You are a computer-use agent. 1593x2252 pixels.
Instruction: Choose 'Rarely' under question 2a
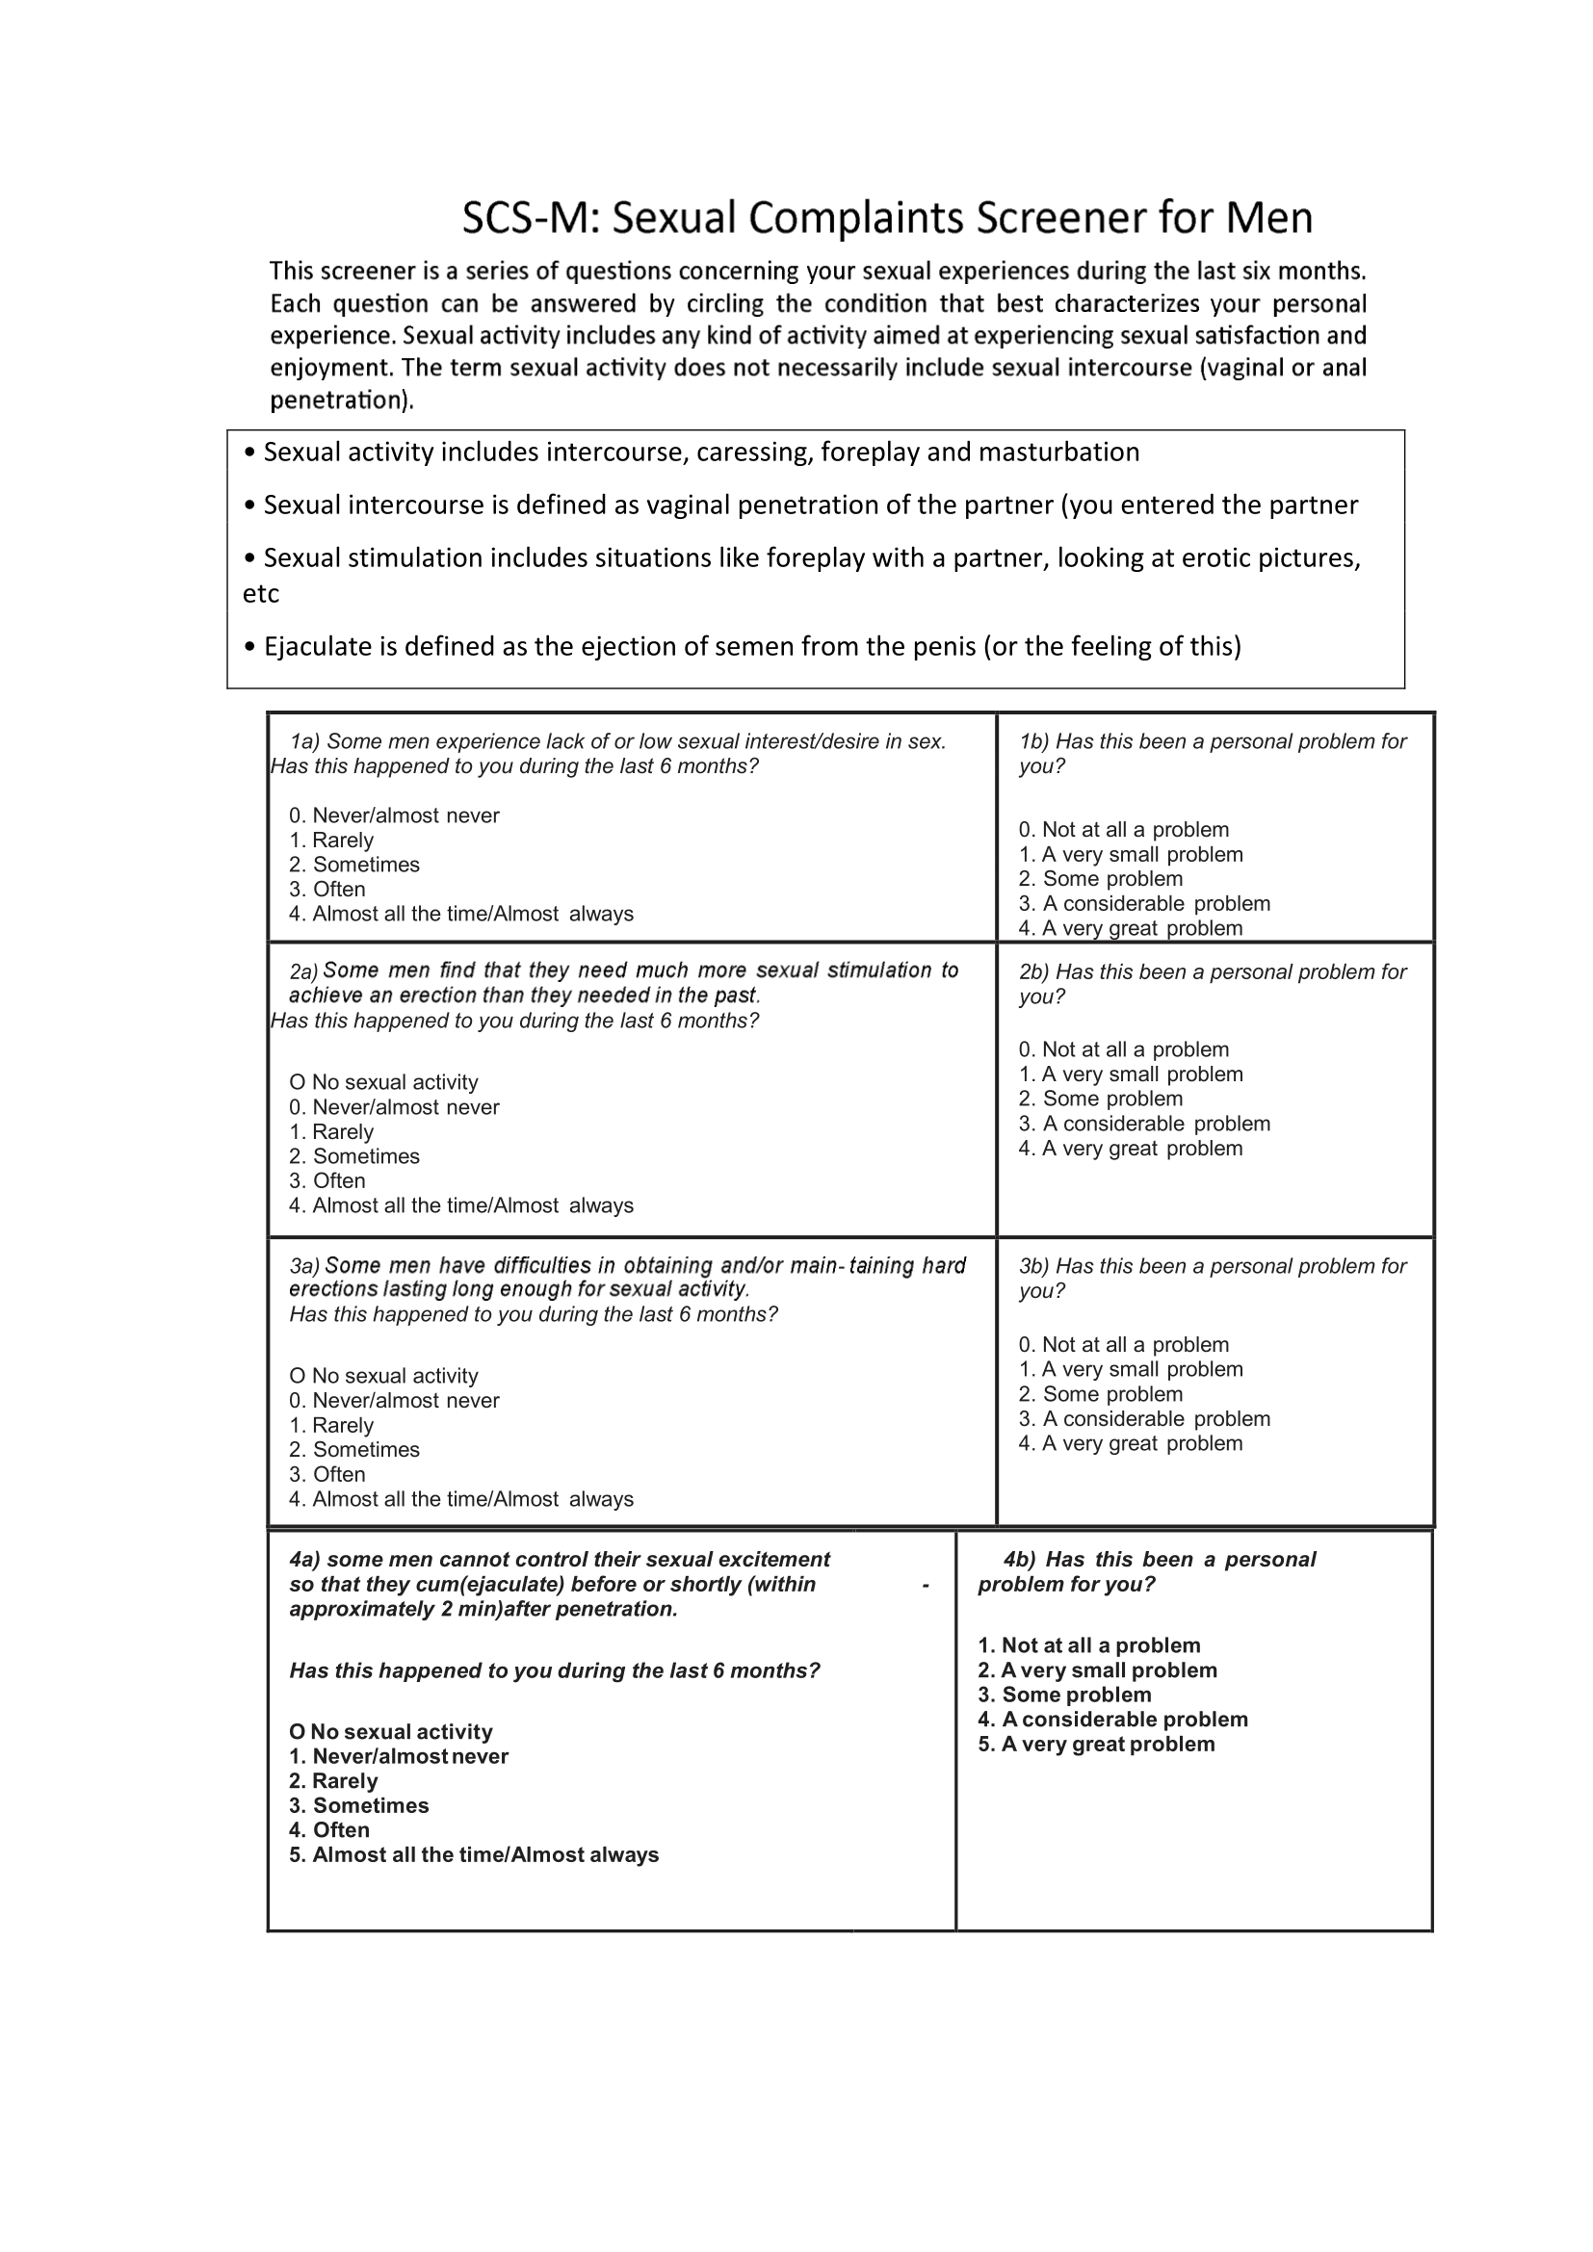331,1131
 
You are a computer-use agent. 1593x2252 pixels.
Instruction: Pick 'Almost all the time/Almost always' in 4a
474,1853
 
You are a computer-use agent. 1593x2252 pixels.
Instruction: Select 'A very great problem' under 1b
1130,928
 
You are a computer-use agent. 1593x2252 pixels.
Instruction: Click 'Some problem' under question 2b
1101,1099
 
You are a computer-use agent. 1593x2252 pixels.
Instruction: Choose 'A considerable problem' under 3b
1144,1418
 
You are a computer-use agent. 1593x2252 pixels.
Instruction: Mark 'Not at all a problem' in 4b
1089,1644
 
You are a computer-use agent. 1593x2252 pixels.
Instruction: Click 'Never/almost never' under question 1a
394,815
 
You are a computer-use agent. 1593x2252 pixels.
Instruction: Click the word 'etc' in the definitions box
261,593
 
